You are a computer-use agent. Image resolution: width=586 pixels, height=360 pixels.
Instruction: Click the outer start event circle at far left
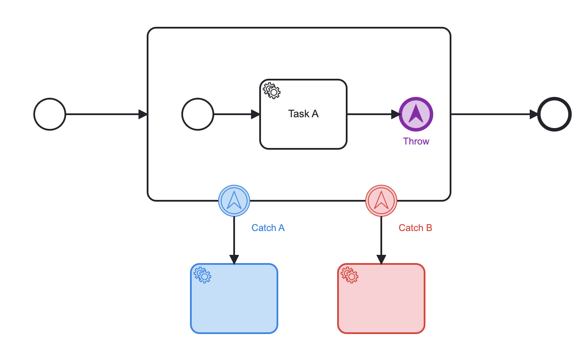(50, 114)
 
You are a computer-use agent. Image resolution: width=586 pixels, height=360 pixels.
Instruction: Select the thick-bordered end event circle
(554, 114)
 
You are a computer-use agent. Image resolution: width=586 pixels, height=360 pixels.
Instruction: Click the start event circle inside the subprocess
(198, 114)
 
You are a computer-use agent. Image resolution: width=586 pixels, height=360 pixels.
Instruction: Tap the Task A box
(303, 121)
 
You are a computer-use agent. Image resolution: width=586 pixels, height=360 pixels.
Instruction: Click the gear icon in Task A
(272, 90)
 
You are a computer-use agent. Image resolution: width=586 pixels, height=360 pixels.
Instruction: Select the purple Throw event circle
(416, 114)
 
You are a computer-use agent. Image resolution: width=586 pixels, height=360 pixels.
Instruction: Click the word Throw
(416, 141)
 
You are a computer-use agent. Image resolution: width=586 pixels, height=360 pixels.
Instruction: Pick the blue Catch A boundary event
(234, 201)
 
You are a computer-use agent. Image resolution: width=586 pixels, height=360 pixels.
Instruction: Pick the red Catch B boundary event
(381, 201)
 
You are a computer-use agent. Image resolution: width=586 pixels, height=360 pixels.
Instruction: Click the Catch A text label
(268, 228)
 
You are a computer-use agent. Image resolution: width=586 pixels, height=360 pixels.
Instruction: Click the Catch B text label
(415, 228)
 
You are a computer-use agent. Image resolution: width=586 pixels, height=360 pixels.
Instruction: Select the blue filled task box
(234, 303)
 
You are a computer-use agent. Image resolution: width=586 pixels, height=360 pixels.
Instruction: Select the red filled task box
(381, 303)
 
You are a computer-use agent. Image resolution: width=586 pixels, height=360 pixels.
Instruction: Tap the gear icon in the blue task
(202, 275)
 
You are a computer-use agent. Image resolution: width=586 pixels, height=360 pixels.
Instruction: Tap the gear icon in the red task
(349, 275)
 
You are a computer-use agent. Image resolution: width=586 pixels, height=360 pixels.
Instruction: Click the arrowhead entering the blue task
(234, 259)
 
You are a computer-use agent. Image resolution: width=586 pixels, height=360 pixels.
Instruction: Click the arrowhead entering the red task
(381, 259)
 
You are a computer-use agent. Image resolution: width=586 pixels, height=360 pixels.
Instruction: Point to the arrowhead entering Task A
(255, 114)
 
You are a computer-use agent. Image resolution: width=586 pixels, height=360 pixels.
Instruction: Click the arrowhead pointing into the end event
(534, 114)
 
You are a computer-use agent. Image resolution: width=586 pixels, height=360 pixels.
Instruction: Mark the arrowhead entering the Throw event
(395, 114)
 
